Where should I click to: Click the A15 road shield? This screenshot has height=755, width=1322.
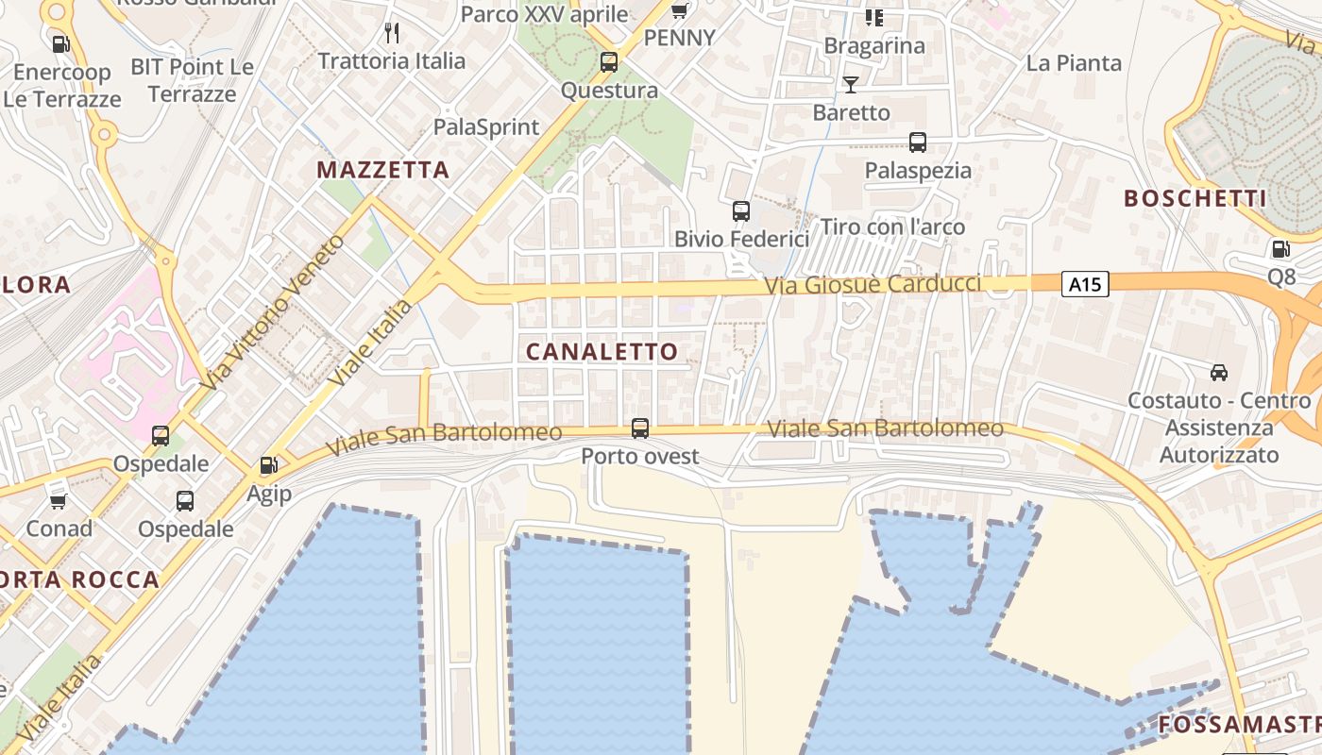[x=1084, y=284]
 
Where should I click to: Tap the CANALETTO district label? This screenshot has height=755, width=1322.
[x=602, y=352]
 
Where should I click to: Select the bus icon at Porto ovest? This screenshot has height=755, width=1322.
[x=640, y=428]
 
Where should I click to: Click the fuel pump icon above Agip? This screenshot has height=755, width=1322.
[x=269, y=465]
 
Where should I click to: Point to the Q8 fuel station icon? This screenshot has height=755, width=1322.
[x=1281, y=249]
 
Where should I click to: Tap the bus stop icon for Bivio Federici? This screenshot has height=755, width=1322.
[x=741, y=211]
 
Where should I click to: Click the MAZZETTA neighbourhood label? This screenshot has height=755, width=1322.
[x=382, y=170]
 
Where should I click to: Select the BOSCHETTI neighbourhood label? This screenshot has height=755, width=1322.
[x=1195, y=198]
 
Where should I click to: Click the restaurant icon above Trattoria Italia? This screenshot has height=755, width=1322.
[x=392, y=34]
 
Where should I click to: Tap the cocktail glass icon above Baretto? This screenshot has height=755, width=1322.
[x=851, y=85]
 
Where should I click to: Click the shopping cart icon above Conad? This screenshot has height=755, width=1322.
[x=59, y=501]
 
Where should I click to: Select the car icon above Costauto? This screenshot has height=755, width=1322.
[x=1219, y=372]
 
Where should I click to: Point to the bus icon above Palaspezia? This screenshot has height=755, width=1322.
[x=918, y=143]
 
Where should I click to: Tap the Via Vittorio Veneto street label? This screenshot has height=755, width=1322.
[x=273, y=311]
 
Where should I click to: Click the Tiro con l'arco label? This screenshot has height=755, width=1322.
[x=892, y=226]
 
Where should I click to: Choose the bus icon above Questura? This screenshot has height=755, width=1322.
[x=609, y=63]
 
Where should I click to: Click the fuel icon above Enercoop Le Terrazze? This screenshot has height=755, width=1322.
[x=61, y=43]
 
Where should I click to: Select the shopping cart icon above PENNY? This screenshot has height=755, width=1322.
[x=679, y=11]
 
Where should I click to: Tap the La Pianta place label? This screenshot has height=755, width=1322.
[x=1074, y=63]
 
